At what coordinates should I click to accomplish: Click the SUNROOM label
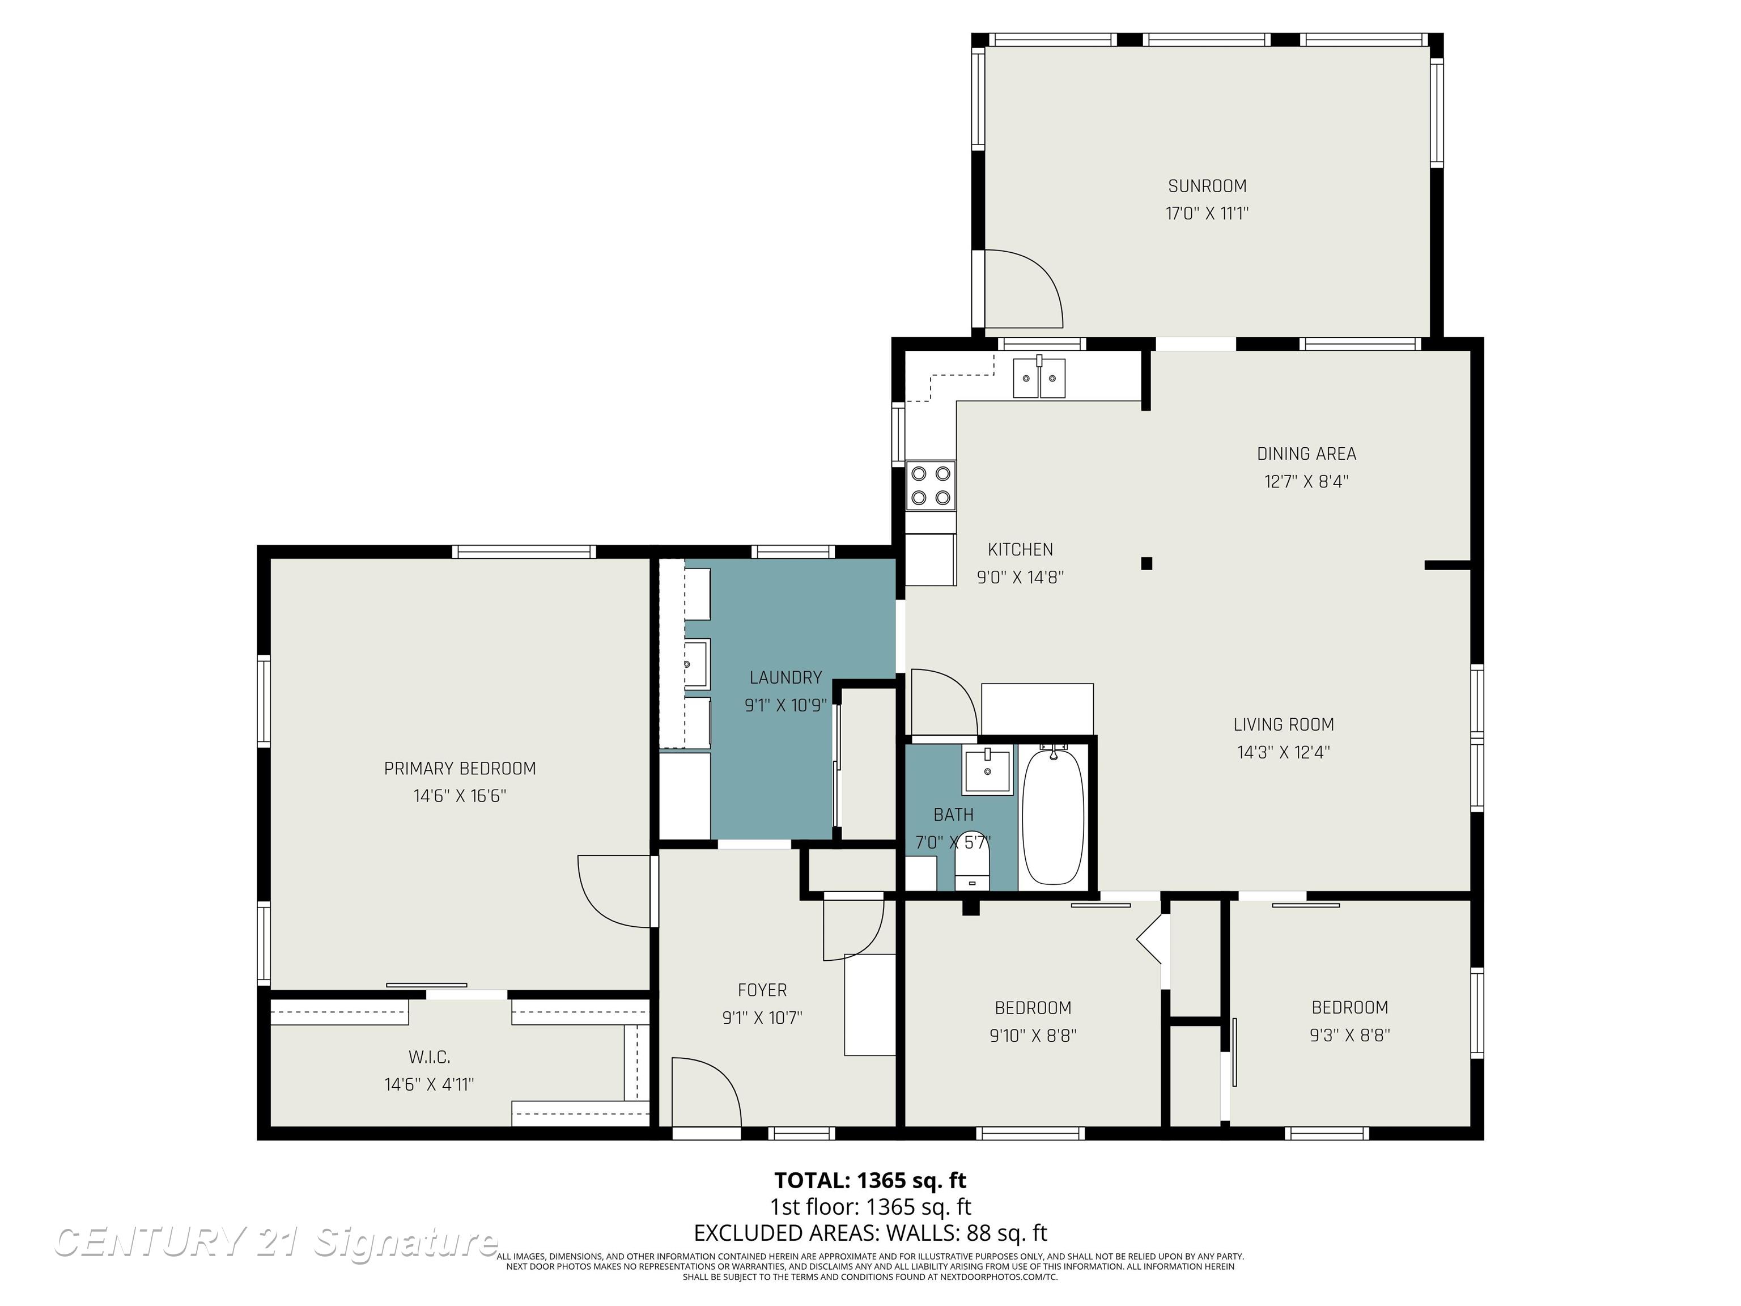(1207, 186)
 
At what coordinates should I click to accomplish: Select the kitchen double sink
(1038, 379)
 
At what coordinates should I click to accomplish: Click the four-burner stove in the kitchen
(931, 486)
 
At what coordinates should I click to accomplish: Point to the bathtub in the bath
(1053, 816)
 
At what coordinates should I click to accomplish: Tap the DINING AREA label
(1306, 454)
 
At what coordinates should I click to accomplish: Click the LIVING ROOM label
(1283, 725)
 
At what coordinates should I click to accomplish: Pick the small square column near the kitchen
(1146, 563)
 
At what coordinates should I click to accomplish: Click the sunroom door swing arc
(1031, 287)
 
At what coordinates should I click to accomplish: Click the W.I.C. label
(429, 1057)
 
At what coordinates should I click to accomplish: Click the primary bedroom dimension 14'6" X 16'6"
(460, 796)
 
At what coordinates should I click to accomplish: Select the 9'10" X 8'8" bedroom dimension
(1033, 1035)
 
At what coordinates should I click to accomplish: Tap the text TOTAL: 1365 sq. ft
(870, 1180)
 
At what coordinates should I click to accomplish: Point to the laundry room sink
(696, 664)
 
